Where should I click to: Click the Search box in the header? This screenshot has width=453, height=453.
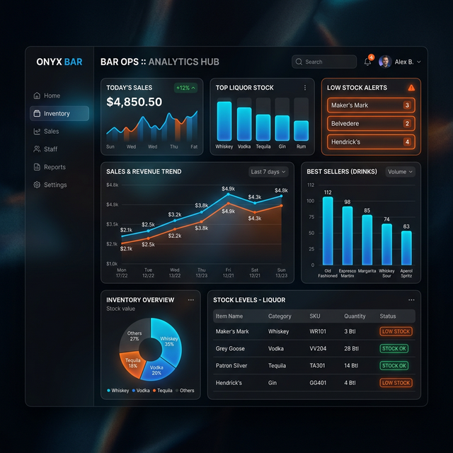point(324,62)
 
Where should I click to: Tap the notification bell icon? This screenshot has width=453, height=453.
point(367,62)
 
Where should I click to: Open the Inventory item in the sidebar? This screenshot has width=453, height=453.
point(59,113)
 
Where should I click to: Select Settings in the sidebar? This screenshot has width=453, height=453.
point(55,185)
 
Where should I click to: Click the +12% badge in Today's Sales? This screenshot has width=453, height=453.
point(185,88)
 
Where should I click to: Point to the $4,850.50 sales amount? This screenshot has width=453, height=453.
point(134,102)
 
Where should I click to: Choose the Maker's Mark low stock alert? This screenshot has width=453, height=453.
point(371,105)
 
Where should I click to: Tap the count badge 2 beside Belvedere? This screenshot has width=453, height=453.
point(407,124)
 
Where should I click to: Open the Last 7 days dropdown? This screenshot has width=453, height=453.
point(268,171)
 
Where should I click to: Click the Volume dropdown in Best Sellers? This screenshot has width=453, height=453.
point(400,171)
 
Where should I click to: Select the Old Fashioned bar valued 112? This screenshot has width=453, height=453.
point(328,230)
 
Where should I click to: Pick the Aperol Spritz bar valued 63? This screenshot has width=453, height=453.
point(406,248)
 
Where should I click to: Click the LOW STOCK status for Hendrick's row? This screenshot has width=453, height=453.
point(396,383)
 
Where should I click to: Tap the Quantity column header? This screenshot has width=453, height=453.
point(355,316)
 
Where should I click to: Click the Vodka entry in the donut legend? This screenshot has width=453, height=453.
point(143,391)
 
